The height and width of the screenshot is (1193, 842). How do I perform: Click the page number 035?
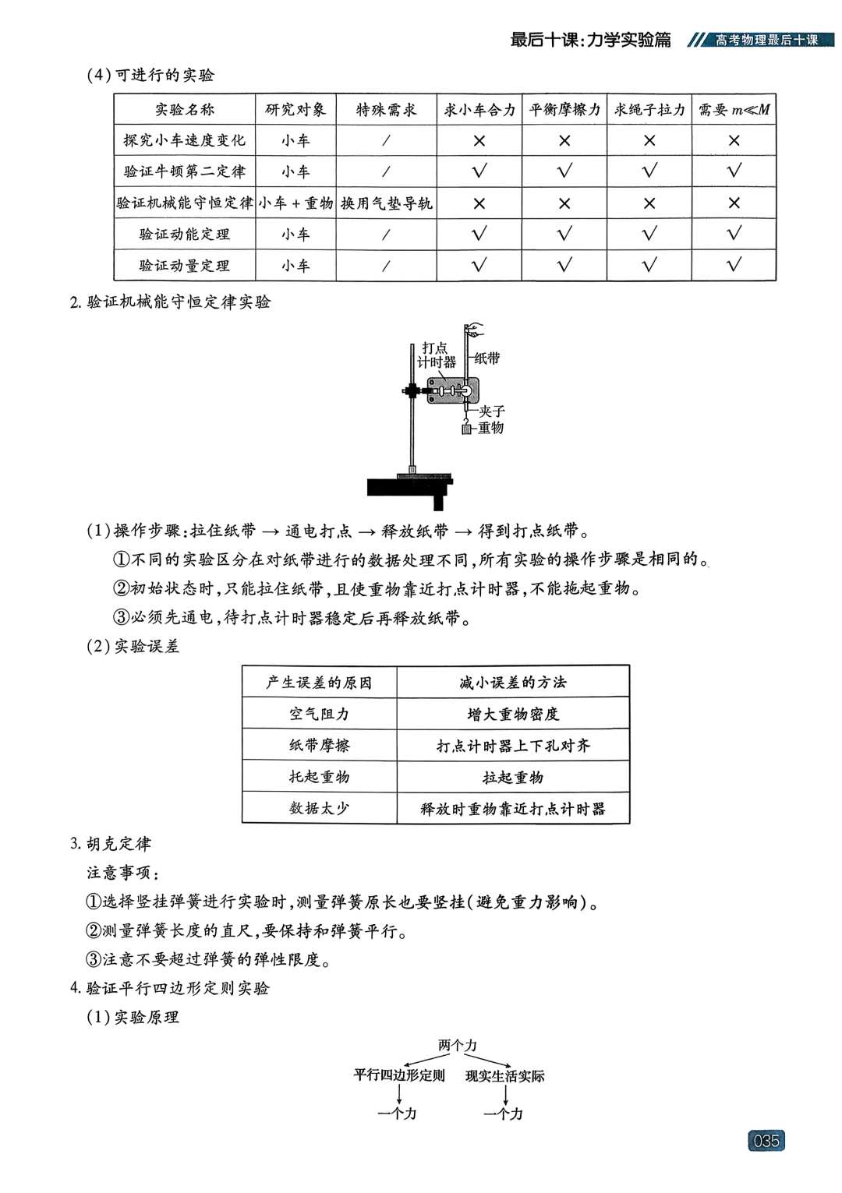click(x=766, y=1141)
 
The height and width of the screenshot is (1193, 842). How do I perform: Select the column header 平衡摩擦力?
click(x=564, y=110)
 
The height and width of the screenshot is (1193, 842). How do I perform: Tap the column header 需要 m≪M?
click(x=734, y=110)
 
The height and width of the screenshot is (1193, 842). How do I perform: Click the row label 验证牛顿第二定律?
click(x=185, y=171)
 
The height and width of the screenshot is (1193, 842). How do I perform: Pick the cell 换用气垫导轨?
click(x=386, y=203)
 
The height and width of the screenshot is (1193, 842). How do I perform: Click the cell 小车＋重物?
click(x=295, y=203)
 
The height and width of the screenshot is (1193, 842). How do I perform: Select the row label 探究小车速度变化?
click(x=185, y=140)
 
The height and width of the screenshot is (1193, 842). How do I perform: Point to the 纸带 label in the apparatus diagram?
click(x=487, y=358)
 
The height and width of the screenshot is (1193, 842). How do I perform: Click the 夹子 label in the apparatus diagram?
click(x=492, y=411)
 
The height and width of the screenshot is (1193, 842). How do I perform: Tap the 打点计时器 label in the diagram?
click(x=437, y=355)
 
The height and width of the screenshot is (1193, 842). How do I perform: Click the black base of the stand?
click(x=409, y=488)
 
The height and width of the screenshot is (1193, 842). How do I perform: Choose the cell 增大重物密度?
click(x=513, y=714)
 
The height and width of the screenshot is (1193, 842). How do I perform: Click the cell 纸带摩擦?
click(x=320, y=746)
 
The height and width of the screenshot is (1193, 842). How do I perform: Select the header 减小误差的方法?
click(x=513, y=683)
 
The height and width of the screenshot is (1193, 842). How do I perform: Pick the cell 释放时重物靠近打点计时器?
click(x=513, y=809)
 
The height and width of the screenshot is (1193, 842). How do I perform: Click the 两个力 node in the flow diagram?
click(x=458, y=1045)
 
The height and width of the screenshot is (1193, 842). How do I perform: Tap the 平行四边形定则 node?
click(x=399, y=1075)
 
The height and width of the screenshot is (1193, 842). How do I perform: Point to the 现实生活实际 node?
click(x=505, y=1076)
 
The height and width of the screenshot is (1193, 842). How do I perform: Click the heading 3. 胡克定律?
click(x=111, y=844)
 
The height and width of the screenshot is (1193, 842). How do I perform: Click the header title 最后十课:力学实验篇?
click(x=590, y=40)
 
